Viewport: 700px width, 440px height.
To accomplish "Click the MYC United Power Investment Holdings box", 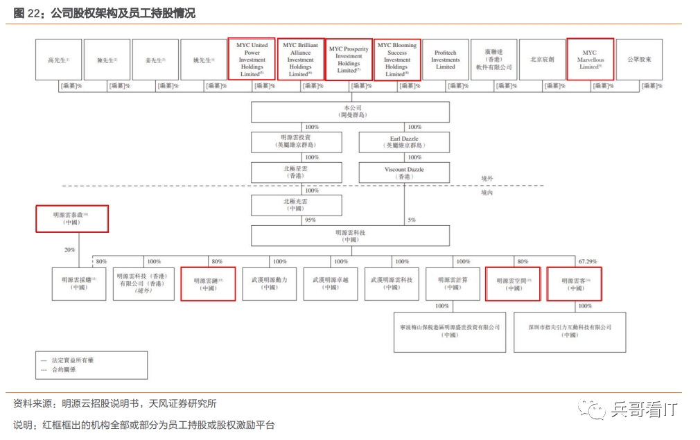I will coord(252,59).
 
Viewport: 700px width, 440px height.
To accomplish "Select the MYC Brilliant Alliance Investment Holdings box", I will coord(300,59).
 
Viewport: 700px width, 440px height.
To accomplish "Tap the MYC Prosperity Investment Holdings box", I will coord(349,59).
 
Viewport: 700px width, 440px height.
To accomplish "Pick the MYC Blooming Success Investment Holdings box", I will coord(397,59).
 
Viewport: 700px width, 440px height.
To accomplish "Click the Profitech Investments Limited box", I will coord(445,59).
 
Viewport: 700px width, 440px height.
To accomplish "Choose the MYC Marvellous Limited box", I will coord(590,59).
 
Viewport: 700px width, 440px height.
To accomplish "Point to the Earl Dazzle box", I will coord(404,143).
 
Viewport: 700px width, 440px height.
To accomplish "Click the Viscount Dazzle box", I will coord(404,173).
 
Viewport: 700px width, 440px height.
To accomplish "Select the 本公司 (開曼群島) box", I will coord(350,112).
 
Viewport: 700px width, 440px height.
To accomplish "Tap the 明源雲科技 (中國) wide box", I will coord(350,236).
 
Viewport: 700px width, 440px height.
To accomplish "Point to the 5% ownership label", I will coord(412,220).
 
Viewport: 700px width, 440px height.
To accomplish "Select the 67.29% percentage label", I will coord(587,261).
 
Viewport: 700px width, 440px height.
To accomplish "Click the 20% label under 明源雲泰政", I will coord(70,250).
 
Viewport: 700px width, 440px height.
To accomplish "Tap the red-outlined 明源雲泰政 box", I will coord(72,218).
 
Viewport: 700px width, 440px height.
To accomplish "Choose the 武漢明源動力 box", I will coord(270,283).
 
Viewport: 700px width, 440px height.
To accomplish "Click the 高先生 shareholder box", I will coord(59,59).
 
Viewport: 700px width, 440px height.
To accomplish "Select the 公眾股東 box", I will coord(639,59).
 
